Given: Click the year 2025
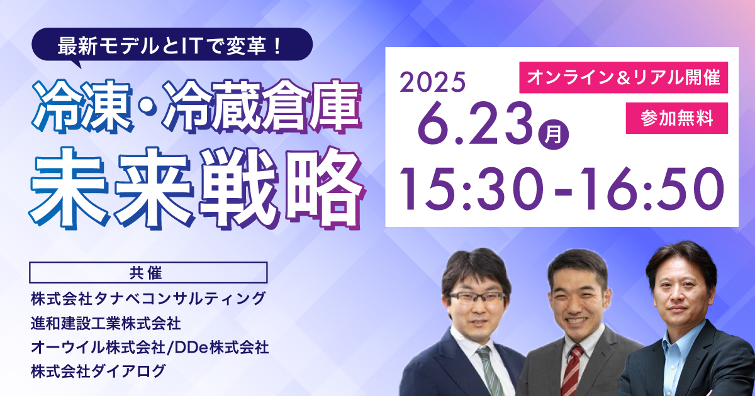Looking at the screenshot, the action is tap(432, 82).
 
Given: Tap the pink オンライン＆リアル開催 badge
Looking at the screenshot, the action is tap(624, 77).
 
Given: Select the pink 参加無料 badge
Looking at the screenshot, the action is tap(677, 118).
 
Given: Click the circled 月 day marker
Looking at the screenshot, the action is tap(554, 135).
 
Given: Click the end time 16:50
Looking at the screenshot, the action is tap(652, 189).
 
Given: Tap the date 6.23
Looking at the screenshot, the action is tap(476, 124).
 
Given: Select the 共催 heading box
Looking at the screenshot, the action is tap(148, 272).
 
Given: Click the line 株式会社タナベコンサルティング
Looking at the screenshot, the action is tap(148, 299).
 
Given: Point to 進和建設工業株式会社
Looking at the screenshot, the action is tap(106, 323).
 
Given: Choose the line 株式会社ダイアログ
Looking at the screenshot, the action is tap(98, 371).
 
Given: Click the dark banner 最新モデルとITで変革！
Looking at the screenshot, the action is tap(172, 45).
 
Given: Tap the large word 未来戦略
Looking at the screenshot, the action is tap(196, 188).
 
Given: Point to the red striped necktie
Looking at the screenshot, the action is tap(572, 370).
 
